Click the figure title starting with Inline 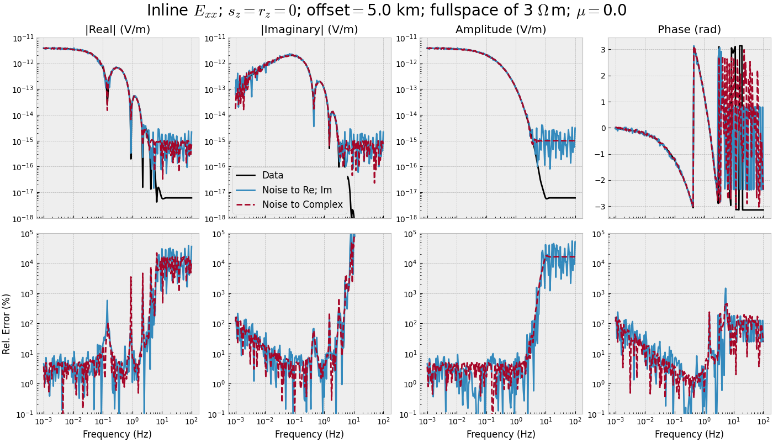[x=386, y=11]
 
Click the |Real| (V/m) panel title [x=118, y=30]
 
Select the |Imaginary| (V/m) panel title [x=309, y=30]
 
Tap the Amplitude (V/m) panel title [x=501, y=30]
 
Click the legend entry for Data [x=272, y=175]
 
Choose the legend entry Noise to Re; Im [x=297, y=190]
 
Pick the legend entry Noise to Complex [x=302, y=205]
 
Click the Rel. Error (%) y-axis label [x=7, y=323]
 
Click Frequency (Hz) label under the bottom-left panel [x=118, y=434]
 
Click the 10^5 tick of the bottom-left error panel [x=26, y=234]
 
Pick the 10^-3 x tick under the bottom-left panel [x=44, y=422]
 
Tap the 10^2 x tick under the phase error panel [x=764, y=422]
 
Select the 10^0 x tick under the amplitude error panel [x=516, y=422]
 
